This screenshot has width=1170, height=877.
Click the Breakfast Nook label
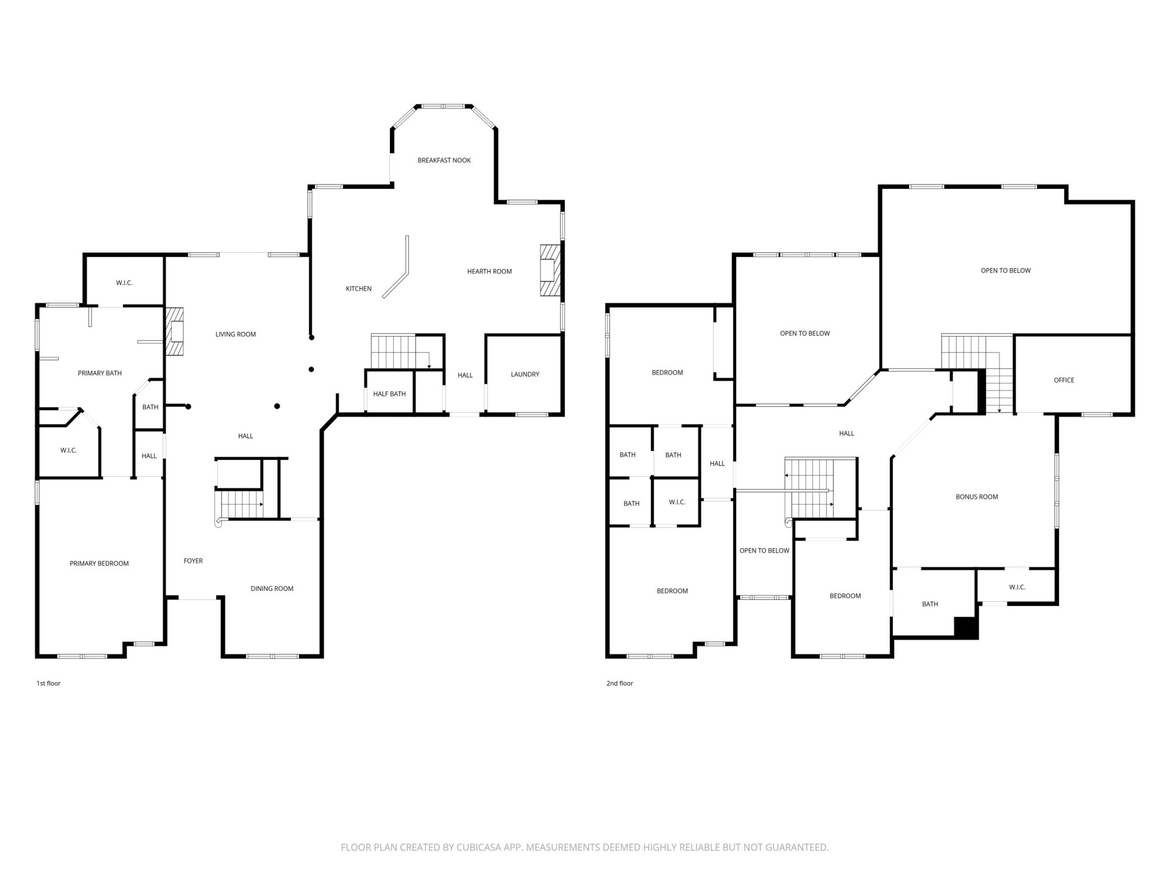click(444, 160)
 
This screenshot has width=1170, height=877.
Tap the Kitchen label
click(359, 289)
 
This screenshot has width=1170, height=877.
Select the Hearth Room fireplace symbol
click(549, 270)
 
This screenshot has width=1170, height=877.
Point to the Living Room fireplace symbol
click(175, 331)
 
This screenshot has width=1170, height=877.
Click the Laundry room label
click(525, 375)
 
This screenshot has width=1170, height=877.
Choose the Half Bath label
click(389, 394)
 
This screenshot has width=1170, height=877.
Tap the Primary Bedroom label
click(99, 563)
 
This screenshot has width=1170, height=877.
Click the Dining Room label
click(272, 588)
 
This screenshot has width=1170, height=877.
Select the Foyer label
click(193, 561)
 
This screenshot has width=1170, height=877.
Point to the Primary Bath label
click(100, 373)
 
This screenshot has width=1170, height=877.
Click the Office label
click(1064, 380)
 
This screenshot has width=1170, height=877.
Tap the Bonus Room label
click(977, 497)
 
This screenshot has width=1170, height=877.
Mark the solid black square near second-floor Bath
click(966, 628)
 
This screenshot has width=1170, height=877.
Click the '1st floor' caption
click(49, 683)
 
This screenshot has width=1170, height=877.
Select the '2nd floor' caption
click(620, 683)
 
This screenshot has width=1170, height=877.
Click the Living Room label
click(236, 334)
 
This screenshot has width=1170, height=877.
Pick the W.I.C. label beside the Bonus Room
click(1017, 587)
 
